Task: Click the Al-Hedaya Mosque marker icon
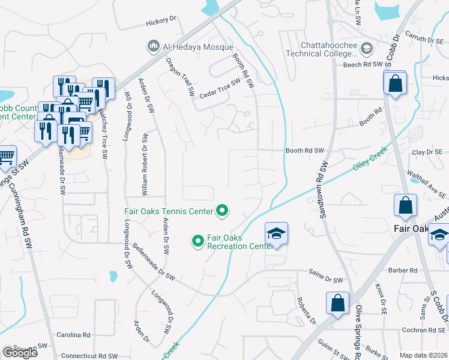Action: pos(152,46)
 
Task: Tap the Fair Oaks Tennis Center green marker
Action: pos(222,211)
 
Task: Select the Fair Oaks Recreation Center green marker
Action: pos(197,241)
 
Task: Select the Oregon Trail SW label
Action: pos(181,77)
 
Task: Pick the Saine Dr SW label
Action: pos(325,280)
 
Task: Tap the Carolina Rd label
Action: pos(73,335)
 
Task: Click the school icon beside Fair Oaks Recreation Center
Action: pos(276,233)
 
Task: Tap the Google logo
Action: pos(20,353)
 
